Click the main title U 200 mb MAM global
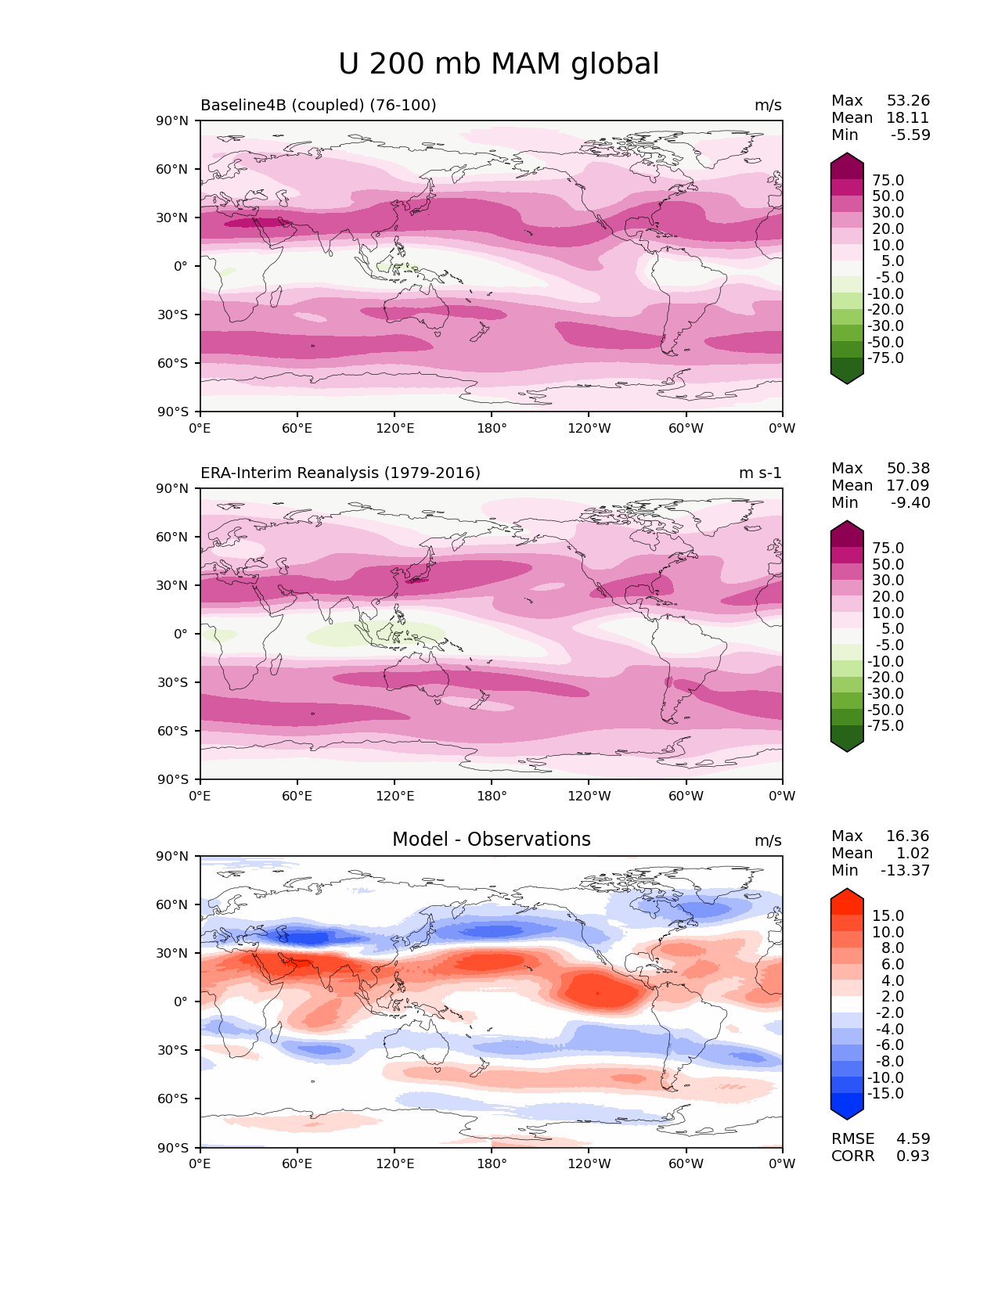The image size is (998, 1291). (499, 64)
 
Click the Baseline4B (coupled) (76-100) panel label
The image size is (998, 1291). (318, 106)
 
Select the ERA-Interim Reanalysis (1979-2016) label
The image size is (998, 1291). (340, 473)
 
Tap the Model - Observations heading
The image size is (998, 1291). (491, 840)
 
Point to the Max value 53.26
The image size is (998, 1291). (908, 101)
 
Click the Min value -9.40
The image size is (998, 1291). (910, 503)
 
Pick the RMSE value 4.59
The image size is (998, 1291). (913, 1139)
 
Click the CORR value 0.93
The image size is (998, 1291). (913, 1156)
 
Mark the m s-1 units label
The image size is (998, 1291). (760, 473)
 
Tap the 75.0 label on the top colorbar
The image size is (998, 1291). (888, 181)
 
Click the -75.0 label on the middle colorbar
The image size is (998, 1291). (885, 726)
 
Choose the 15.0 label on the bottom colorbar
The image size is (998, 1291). (888, 916)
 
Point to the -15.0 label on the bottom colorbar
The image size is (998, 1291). (885, 1094)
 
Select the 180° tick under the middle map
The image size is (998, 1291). (492, 797)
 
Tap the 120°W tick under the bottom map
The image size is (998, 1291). (589, 1164)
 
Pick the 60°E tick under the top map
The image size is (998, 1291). (297, 429)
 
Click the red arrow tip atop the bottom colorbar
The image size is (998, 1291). (847, 894)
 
